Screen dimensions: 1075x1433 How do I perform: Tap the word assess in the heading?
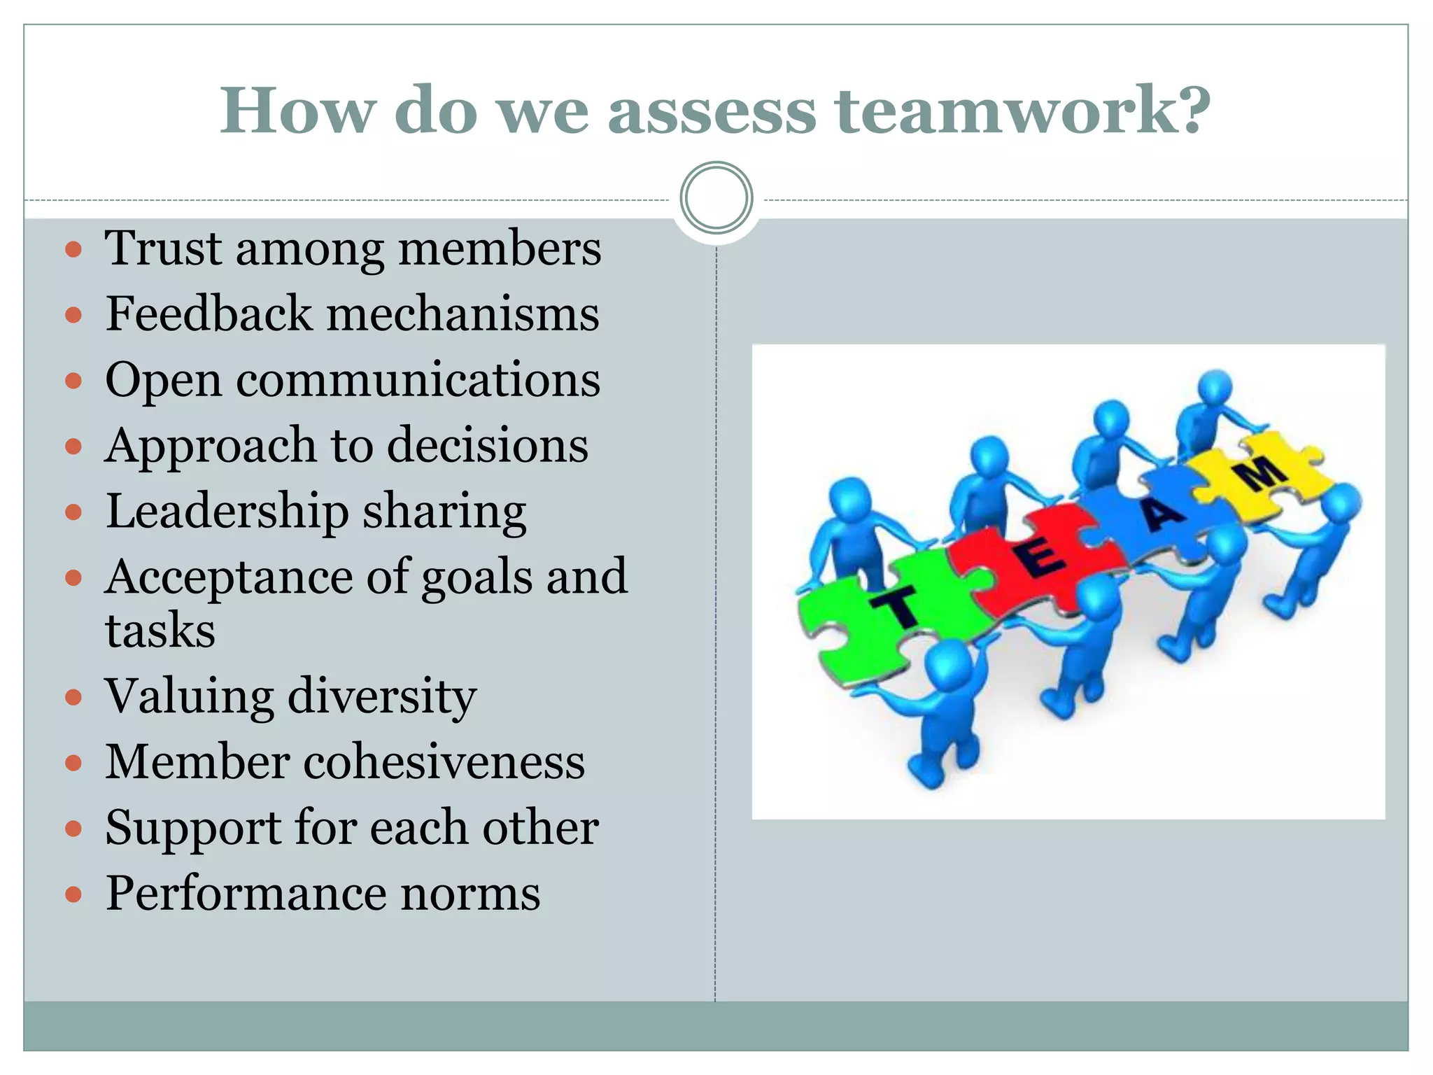[712, 112]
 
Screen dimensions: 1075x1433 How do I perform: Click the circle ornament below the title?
[716, 198]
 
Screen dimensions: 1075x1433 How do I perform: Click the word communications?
[418, 380]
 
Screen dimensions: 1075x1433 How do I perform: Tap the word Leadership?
[227, 512]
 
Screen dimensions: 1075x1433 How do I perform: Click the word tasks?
[160, 630]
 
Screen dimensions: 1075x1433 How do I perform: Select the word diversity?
[382, 697]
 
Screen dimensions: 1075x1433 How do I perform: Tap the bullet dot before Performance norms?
[73, 894]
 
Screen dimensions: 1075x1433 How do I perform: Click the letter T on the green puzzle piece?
[898, 606]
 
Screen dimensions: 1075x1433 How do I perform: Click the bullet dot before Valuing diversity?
[73, 697]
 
